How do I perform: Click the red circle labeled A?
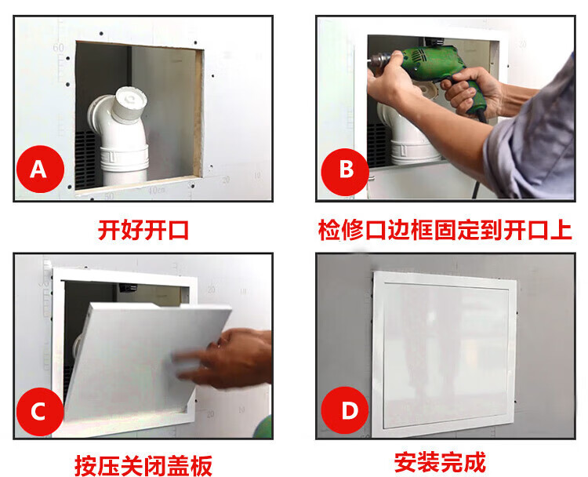click(40, 169)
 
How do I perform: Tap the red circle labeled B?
click(345, 172)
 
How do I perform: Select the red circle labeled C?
click(40, 412)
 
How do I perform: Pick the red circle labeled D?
click(345, 410)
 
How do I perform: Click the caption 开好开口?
click(143, 230)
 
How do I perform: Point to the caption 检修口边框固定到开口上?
click(445, 230)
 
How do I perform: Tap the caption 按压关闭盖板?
click(143, 465)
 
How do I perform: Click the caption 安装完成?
click(441, 462)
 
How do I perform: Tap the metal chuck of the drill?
click(379, 60)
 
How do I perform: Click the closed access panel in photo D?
click(445, 354)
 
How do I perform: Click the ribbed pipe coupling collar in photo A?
click(124, 159)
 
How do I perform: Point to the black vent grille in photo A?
click(85, 159)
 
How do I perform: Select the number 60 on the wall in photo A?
click(58, 48)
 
